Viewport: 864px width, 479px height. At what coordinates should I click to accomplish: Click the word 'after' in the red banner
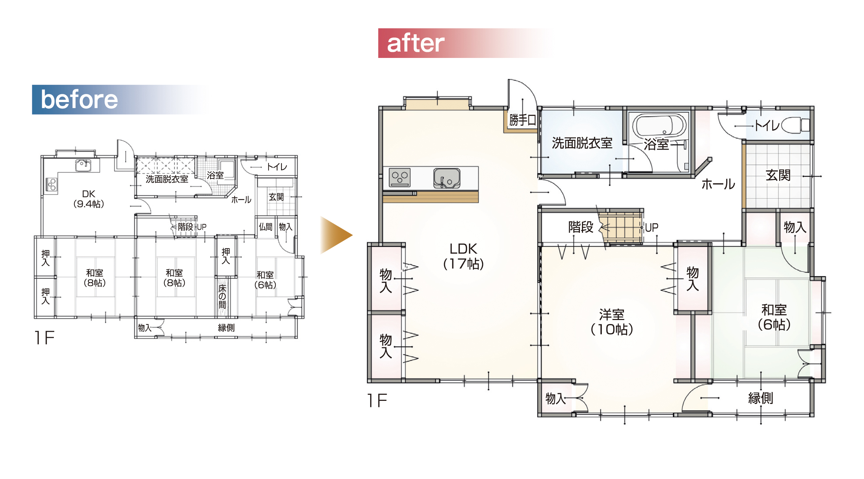pyautogui.click(x=416, y=43)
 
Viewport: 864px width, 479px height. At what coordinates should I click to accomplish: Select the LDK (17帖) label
pyautogui.click(x=463, y=256)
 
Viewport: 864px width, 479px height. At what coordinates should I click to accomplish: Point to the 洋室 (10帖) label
pyautogui.click(x=612, y=322)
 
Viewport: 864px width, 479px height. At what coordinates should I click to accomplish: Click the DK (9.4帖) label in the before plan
pyautogui.click(x=89, y=199)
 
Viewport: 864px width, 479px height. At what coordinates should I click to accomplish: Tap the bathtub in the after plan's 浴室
pyautogui.click(x=659, y=125)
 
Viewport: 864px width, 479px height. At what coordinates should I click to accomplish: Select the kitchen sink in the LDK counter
pyautogui.click(x=447, y=178)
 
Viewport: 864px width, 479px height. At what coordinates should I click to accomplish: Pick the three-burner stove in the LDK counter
pyautogui.click(x=400, y=177)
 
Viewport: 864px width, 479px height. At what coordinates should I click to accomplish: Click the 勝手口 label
pyautogui.click(x=522, y=120)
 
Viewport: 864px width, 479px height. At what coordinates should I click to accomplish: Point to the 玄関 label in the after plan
pyautogui.click(x=778, y=175)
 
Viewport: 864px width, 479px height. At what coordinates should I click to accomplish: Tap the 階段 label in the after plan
pyautogui.click(x=581, y=227)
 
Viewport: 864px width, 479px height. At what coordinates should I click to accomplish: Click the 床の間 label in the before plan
pyautogui.click(x=222, y=296)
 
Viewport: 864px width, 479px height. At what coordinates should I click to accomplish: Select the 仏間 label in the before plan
pyautogui.click(x=266, y=227)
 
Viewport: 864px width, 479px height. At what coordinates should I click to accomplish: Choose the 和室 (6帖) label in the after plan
pyautogui.click(x=774, y=317)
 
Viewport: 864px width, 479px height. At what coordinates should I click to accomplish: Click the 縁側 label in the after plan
pyautogui.click(x=760, y=398)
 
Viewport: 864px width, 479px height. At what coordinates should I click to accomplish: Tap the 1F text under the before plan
pyautogui.click(x=44, y=338)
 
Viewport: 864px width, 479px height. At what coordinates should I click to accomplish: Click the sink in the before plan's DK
pyautogui.click(x=83, y=165)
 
